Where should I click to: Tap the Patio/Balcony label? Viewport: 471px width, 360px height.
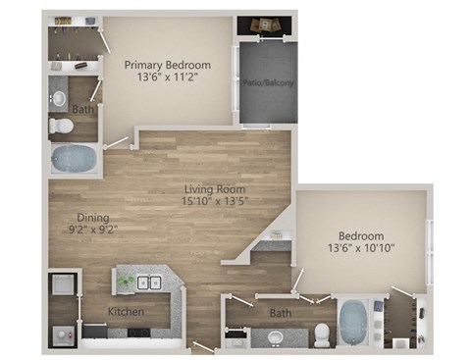[x=263, y=83]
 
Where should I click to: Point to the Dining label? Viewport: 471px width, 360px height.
[x=93, y=218]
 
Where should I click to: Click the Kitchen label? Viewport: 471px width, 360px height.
[x=127, y=312]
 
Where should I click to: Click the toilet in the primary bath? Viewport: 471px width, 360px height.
[x=60, y=126]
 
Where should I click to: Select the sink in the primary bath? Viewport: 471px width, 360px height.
[x=59, y=98]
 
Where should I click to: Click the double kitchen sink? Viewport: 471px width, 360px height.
[x=149, y=283]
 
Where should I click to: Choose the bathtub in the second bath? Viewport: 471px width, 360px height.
[x=353, y=320]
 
